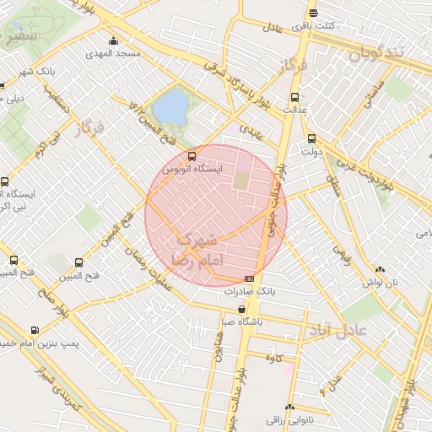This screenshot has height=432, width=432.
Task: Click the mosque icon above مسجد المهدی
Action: pyautogui.click(x=114, y=41)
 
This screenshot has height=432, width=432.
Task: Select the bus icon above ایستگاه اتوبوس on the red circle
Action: pyautogui.click(x=192, y=156)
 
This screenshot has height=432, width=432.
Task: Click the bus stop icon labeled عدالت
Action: pyautogui.click(x=294, y=96)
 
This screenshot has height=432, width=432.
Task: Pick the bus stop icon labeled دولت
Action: pyautogui.click(x=311, y=138)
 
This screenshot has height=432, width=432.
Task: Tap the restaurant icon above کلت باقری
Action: pyautogui.click(x=313, y=13)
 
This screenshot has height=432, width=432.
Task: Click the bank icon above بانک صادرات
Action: pyautogui.click(x=249, y=278)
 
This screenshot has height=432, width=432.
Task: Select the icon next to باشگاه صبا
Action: pyautogui.click(x=241, y=309)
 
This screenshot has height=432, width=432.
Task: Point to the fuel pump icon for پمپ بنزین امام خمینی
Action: pyautogui.click(x=34, y=331)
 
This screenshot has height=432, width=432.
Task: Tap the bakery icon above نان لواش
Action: pyautogui.click(x=377, y=270)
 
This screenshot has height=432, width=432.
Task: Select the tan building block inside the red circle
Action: pyautogui.click(x=242, y=181)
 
